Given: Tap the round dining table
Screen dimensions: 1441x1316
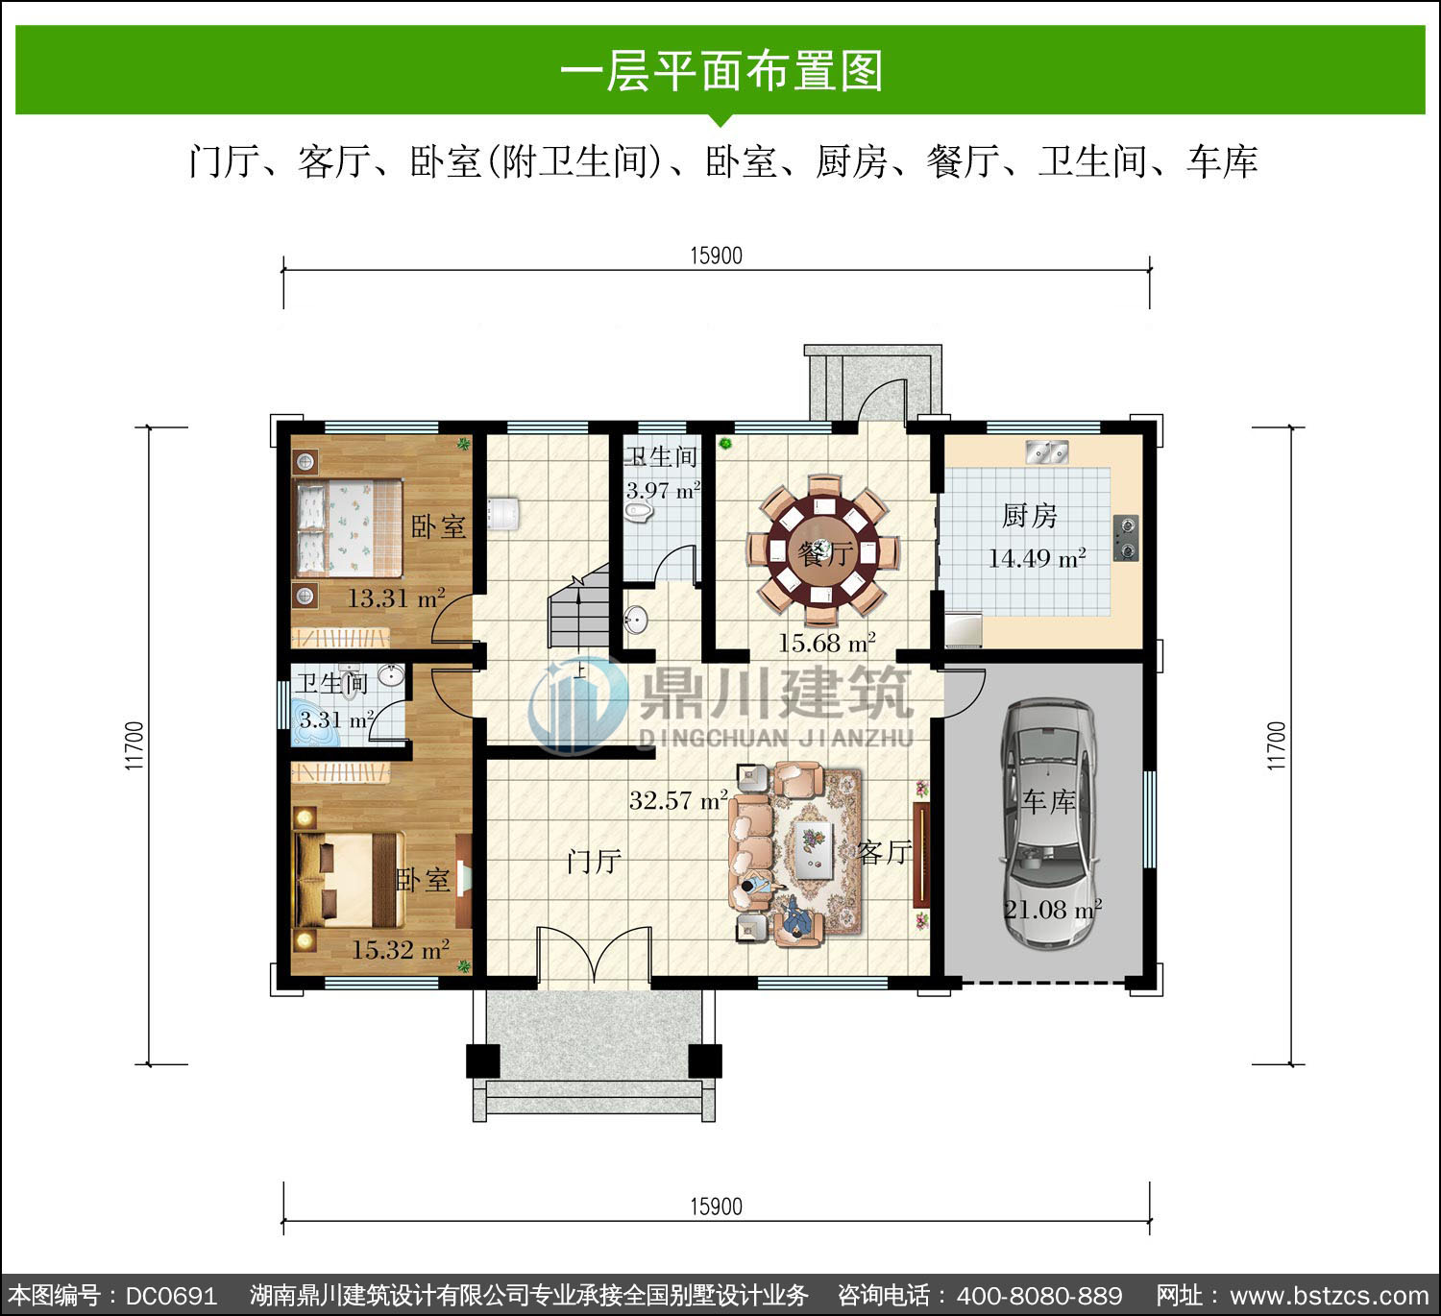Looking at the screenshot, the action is coord(823,552).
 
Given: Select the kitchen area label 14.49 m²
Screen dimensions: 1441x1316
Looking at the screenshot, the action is coord(1037,558).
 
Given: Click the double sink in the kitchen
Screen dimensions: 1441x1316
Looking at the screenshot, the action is coord(1046,452).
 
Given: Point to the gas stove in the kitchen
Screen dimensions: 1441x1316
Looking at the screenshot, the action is coord(1126,538).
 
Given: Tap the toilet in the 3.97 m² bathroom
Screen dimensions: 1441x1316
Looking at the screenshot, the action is coord(639,512).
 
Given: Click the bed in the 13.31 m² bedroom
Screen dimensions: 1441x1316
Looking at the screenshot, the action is coord(349,528).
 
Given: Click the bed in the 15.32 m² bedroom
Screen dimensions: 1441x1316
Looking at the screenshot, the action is coord(351,881).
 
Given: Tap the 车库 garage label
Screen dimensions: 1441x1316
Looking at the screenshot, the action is coord(1049,802).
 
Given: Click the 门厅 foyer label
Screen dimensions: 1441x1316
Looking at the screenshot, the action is coord(594,861).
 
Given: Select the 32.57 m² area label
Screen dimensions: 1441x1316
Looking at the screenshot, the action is coord(679,800).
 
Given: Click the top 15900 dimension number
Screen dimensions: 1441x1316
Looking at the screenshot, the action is coord(717,256).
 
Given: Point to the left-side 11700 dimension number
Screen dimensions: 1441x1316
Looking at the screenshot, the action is coord(134,745).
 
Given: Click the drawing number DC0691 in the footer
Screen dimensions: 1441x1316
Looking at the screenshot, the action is coord(171,1295).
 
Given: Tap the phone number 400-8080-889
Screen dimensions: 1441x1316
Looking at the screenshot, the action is coord(1039,1295).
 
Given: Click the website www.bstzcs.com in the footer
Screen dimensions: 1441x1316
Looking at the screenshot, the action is coord(1329,1295).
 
